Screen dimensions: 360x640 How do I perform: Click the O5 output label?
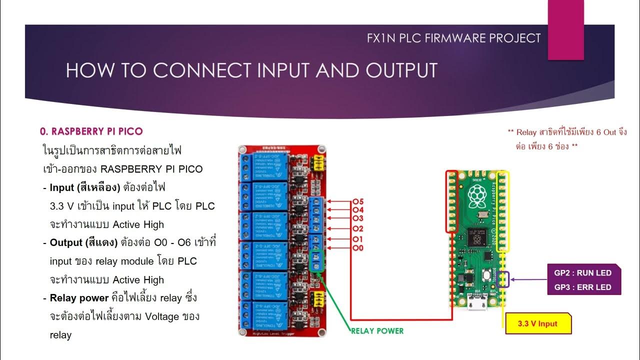(358, 201)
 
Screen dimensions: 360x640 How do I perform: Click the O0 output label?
(358, 248)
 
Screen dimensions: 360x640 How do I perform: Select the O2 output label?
(358, 228)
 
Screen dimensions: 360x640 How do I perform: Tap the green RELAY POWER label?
(377, 330)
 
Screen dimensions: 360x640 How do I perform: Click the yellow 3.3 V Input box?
(537, 323)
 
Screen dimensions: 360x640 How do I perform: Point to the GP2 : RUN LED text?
(582, 273)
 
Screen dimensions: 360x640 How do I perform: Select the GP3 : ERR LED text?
(582, 287)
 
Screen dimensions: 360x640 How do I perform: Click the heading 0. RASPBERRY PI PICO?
(91, 131)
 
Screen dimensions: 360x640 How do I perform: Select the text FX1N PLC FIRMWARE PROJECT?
(453, 38)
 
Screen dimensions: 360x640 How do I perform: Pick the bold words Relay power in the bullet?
(79, 298)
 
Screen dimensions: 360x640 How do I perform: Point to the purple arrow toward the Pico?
(528, 279)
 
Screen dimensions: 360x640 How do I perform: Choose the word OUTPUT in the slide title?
(401, 70)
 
